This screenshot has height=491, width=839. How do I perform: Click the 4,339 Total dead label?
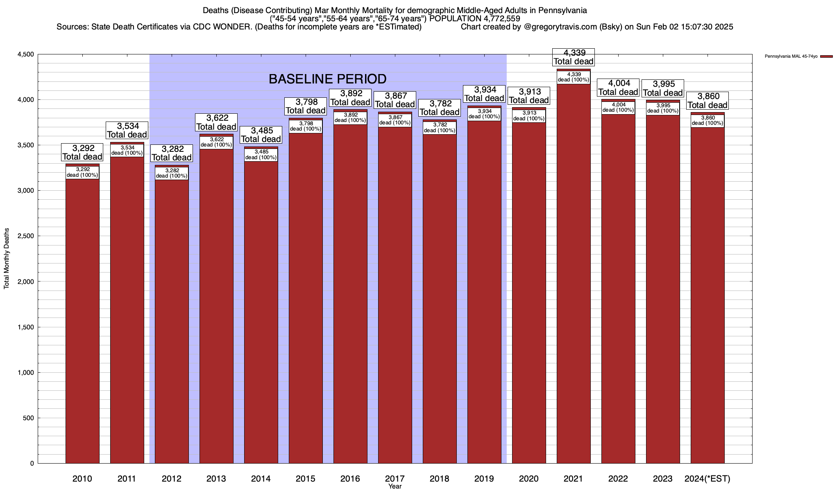(574, 57)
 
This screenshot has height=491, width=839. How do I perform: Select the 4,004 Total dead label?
(618, 88)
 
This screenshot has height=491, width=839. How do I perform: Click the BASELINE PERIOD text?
(327, 79)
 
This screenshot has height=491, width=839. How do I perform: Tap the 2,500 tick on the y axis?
(25, 236)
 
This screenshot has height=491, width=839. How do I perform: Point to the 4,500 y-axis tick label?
(25, 54)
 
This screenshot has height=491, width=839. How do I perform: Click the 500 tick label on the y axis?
(28, 418)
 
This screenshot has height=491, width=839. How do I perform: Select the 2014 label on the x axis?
(261, 479)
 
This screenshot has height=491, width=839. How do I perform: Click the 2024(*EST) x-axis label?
(707, 479)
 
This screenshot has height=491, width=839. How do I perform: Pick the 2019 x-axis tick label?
(484, 479)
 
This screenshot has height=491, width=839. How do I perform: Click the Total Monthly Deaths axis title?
(7, 258)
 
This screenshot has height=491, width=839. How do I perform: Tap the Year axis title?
(395, 486)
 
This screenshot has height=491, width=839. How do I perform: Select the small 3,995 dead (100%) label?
(663, 108)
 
